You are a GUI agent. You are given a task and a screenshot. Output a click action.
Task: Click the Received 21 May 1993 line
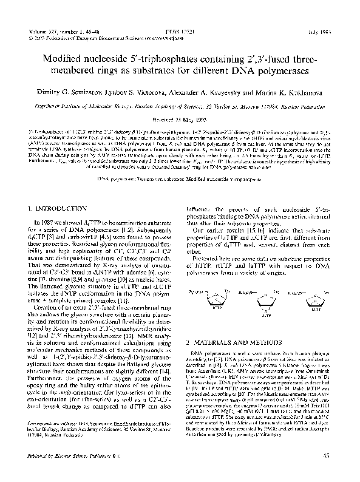pos(179,119)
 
